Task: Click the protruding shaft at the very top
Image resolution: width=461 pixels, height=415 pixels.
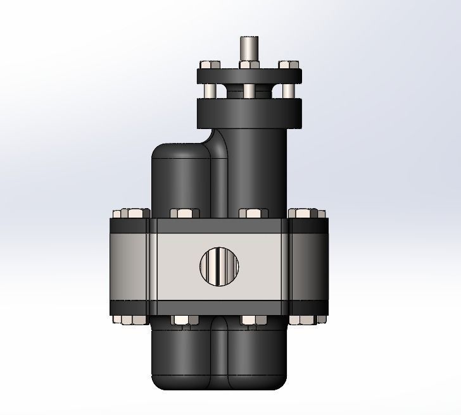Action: click(248, 48)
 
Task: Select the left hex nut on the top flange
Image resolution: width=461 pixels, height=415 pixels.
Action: click(208, 65)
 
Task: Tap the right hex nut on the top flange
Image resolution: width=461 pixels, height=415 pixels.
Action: click(288, 65)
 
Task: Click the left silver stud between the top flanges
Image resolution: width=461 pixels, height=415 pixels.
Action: click(210, 91)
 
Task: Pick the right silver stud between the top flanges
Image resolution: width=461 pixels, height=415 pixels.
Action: click(288, 91)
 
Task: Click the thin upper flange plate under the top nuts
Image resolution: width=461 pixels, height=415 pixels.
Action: click(249, 76)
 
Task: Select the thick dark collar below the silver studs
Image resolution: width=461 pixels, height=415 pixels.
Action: click(249, 112)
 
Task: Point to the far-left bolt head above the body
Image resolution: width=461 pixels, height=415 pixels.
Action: click(130, 213)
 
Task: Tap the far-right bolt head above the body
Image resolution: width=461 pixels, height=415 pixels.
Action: click(308, 213)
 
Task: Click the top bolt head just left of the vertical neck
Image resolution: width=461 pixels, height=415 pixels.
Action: click(185, 214)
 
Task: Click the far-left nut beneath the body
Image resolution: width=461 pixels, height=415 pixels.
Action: click(130, 319)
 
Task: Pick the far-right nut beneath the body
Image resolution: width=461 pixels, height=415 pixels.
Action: click(308, 319)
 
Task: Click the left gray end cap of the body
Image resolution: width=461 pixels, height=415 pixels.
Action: click(129, 266)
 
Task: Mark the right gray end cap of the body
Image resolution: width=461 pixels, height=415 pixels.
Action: click(308, 266)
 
